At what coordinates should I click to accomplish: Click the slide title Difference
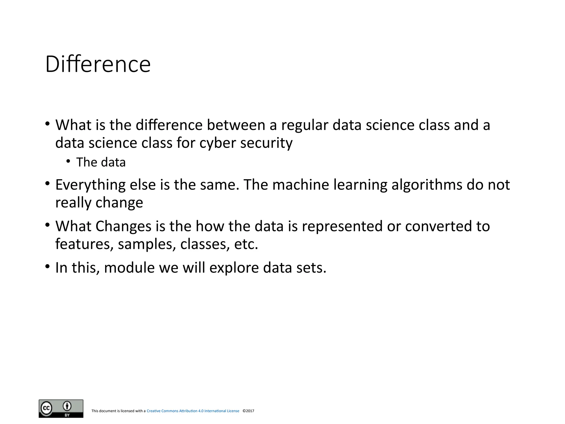tap(98, 64)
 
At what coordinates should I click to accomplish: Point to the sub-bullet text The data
tap(101, 162)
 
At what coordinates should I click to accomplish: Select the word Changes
tap(123, 226)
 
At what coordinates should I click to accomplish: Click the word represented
tap(342, 226)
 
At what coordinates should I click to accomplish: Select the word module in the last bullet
tap(129, 268)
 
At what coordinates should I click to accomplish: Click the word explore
tap(234, 268)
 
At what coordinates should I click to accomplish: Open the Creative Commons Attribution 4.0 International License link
tap(193, 411)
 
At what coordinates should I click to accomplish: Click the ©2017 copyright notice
tap(248, 411)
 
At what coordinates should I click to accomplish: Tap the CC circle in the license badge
tap(46, 408)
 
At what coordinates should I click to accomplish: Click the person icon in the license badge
tap(67, 406)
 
